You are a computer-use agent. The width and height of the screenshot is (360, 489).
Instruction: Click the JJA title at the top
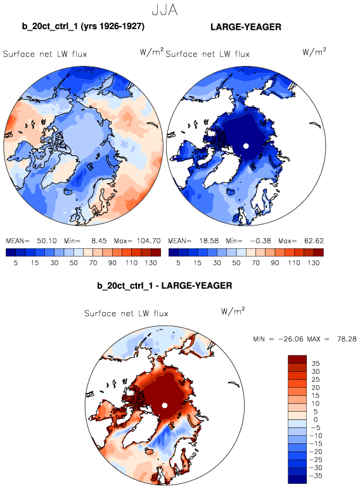(165, 10)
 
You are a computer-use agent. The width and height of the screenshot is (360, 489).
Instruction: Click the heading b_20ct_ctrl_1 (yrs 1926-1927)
(83, 26)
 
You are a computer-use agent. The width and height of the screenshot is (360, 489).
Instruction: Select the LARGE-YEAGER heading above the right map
(246, 27)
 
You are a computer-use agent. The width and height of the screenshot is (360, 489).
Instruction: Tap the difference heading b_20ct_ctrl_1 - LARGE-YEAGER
(164, 286)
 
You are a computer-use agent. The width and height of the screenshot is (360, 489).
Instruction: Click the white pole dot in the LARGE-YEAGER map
(246, 146)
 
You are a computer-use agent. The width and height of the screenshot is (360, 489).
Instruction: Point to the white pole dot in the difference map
(165, 405)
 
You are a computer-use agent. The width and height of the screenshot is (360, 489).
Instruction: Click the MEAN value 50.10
(47, 241)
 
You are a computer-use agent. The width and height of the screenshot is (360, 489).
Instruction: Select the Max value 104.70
(148, 241)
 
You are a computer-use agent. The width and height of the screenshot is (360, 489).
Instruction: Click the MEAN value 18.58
(209, 241)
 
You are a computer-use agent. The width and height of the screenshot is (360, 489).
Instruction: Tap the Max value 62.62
(314, 241)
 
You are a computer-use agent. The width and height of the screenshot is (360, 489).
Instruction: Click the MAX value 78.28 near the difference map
(347, 339)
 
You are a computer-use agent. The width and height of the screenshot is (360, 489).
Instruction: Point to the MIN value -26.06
(290, 339)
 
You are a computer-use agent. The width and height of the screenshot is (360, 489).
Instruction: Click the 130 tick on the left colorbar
(151, 263)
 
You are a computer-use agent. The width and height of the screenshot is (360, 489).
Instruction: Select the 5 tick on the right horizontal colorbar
(178, 263)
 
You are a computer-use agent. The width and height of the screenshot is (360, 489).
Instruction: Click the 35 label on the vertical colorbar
(316, 364)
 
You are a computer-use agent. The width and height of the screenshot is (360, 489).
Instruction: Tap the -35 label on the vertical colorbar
(316, 476)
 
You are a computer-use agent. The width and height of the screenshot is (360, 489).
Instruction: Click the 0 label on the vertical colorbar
(316, 419)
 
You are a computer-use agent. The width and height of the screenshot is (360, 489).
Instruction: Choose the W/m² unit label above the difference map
(233, 311)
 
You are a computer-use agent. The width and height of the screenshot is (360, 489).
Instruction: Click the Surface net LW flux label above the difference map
(126, 314)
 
